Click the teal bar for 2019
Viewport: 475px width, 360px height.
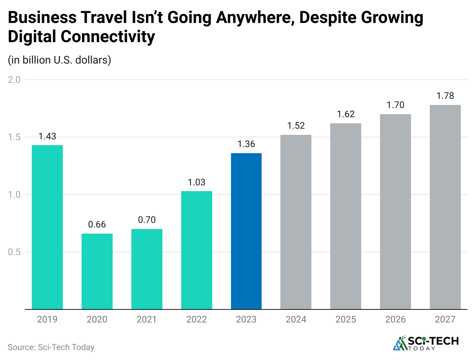click(47, 227)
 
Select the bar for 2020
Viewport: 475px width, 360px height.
click(97, 271)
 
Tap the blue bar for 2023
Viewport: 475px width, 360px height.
click(246, 231)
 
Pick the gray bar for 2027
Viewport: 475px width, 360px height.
click(445, 207)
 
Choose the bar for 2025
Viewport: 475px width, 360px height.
click(346, 216)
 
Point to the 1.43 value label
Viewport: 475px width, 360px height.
click(47, 136)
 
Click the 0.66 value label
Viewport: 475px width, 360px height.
click(97, 224)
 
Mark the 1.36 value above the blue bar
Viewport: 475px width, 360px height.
click(246, 144)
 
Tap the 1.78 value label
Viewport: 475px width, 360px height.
click(445, 96)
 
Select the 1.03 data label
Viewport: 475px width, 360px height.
click(197, 182)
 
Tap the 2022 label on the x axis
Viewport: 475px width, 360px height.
click(197, 319)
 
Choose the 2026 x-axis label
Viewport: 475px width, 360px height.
click(395, 319)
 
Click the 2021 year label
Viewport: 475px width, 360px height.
click(147, 319)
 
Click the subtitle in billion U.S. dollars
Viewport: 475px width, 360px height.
click(59, 60)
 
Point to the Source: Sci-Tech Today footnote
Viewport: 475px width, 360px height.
click(51, 347)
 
